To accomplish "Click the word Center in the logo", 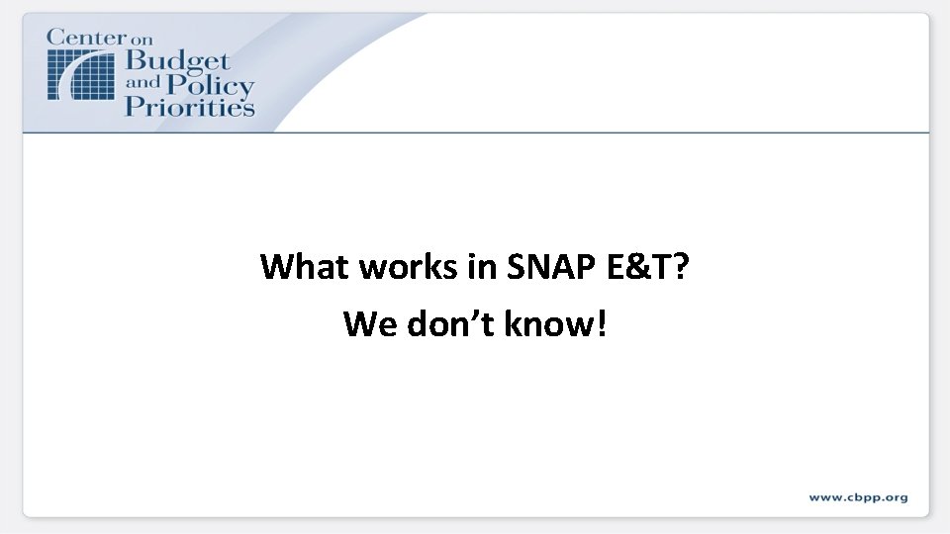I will pyautogui.click(x=86, y=39).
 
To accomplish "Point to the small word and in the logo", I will pyautogui.click(x=141, y=85).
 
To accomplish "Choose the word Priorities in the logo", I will pyautogui.click(x=189, y=107).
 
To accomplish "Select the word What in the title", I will pyautogui.click(x=305, y=267).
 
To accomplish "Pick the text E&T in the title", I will pyautogui.click(x=640, y=267).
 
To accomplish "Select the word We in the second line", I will pyautogui.click(x=368, y=323).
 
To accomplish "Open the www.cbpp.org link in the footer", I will pyautogui.click(x=857, y=497).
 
